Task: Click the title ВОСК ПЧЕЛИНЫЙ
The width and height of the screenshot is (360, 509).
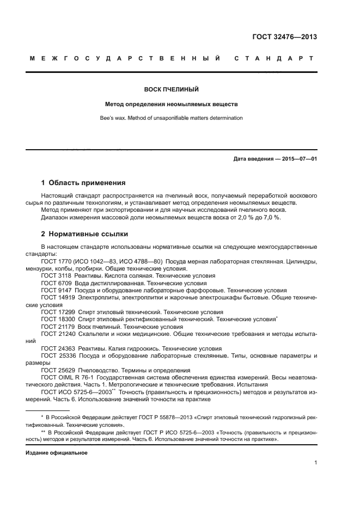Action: [172, 89]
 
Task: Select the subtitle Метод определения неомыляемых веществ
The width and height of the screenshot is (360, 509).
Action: [172, 103]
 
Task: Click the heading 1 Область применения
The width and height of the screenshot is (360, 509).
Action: [83, 183]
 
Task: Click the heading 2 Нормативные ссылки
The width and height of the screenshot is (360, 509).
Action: [85, 234]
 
